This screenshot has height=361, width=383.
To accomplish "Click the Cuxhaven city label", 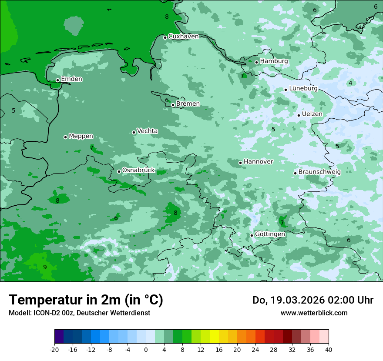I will (183, 37).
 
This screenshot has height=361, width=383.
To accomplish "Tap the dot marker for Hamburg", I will (256, 62).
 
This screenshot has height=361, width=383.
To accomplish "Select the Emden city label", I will (71, 79).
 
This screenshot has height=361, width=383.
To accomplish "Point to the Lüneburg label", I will (303, 89).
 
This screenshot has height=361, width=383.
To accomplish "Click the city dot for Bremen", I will (173, 105).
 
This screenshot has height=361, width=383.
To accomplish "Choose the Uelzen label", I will (312, 114).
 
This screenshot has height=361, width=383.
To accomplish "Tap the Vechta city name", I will (147, 131).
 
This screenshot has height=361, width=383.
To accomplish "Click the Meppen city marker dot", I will (65, 137).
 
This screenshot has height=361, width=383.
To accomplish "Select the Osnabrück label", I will (138, 170).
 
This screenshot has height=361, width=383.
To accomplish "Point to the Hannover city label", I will (258, 162).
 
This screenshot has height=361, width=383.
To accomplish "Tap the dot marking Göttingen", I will (252, 235).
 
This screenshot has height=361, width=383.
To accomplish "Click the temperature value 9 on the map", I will (45, 267).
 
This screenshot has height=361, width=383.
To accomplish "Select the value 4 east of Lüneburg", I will (350, 83).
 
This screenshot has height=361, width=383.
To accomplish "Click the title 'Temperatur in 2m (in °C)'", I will (86, 300).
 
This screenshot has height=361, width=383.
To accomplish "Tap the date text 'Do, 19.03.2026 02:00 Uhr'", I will (312, 300).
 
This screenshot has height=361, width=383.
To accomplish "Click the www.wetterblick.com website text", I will (314, 313).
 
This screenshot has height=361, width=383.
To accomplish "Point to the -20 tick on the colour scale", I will (54, 350).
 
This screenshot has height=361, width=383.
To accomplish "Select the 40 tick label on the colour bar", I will (329, 350).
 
